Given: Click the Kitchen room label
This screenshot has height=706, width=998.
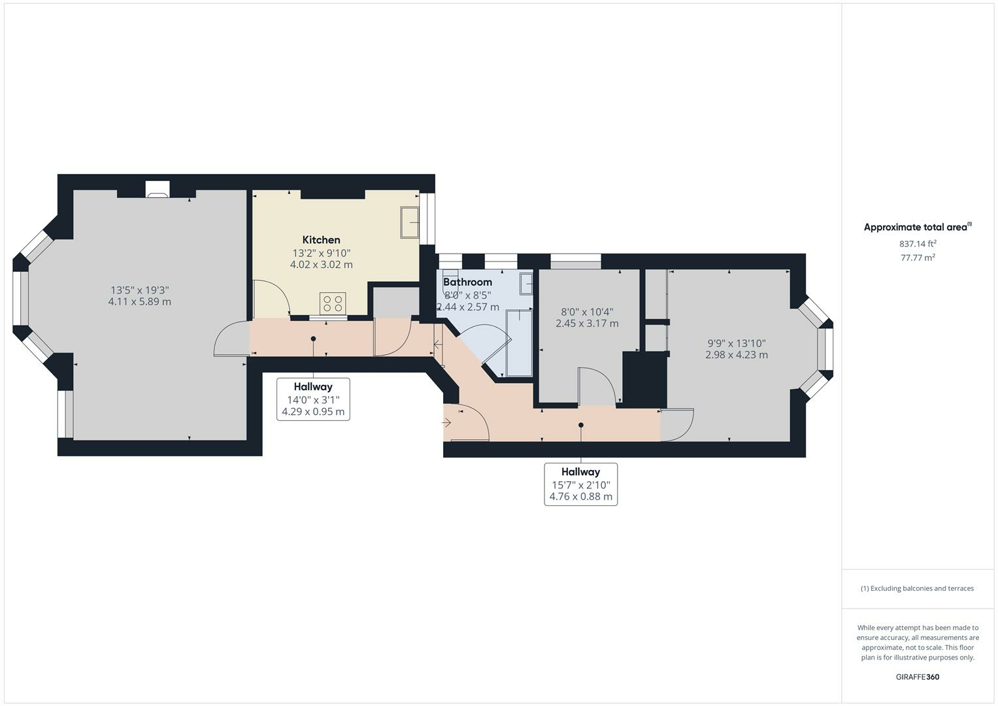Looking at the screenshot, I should (321, 240).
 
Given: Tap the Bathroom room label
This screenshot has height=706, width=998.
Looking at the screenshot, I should (467, 282).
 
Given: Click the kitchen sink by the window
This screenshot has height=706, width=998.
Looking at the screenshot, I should (409, 222).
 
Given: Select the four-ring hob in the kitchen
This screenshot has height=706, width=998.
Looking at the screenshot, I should (333, 303).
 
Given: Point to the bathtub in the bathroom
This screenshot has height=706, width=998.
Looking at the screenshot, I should (520, 343).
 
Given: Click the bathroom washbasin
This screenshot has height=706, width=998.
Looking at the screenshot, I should (525, 284).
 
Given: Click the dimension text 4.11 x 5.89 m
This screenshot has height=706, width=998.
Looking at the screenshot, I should (139, 302).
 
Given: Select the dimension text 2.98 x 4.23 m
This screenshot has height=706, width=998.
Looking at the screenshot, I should (737, 355).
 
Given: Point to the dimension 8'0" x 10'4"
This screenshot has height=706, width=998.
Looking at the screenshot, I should (587, 312).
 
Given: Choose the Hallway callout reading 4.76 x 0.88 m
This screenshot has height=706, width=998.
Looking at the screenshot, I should (580, 496).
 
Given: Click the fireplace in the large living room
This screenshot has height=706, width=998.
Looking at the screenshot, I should (157, 193).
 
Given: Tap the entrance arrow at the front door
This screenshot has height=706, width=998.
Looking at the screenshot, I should (447, 422).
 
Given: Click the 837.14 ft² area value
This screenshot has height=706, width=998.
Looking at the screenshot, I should (917, 244).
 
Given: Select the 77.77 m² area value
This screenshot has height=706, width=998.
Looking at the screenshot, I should (917, 258).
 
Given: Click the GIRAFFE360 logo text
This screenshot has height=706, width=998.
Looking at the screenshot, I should (917, 677).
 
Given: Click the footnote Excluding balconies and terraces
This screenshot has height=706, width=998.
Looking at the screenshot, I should (917, 588).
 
